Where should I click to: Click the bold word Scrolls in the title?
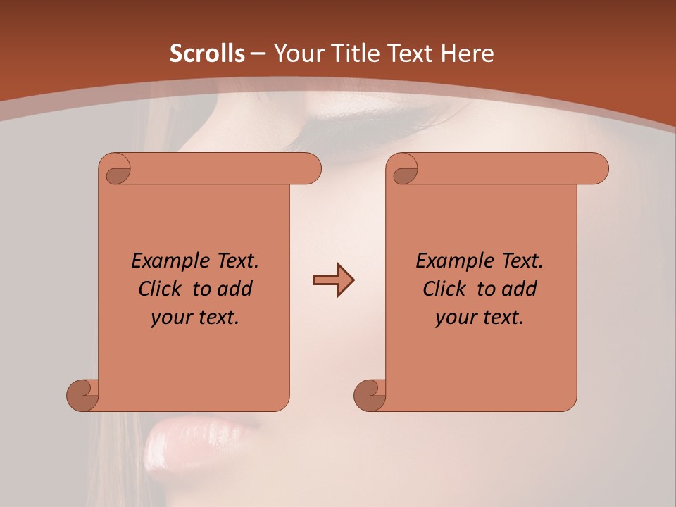pyautogui.click(x=207, y=54)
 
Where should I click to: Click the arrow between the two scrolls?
pyautogui.click(x=333, y=280)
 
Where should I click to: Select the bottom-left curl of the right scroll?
pyautogui.click(x=370, y=395)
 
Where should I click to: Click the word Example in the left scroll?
pyautogui.click(x=167, y=261)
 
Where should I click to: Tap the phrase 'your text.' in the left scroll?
pyautogui.click(x=195, y=318)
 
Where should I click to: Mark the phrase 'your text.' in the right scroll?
pyautogui.click(x=480, y=318)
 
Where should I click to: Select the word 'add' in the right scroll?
pyautogui.click(x=519, y=289)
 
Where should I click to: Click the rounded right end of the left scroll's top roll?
pyautogui.click(x=310, y=169)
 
